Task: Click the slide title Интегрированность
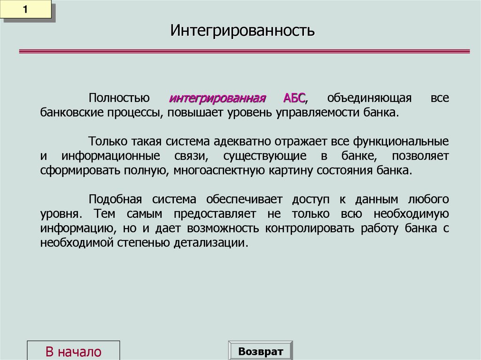(242, 31)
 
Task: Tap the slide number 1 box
(26, 10)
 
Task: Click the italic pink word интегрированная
(217, 99)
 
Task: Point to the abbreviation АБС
(294, 99)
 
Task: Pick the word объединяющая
(369, 99)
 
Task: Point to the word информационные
(111, 156)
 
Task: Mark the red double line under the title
(244, 52)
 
